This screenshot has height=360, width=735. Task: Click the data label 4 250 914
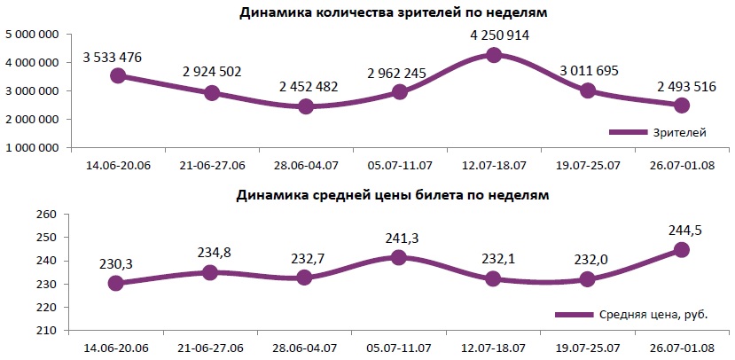[x=494, y=36]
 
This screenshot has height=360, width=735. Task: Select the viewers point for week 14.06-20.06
[x=117, y=75]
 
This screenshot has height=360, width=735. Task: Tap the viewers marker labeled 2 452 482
[x=306, y=106]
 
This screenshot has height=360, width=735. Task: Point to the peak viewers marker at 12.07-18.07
[x=494, y=55]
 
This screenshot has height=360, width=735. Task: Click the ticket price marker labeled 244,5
[x=682, y=249]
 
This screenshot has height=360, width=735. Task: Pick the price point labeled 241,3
[x=400, y=257]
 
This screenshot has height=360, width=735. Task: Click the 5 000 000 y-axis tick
[x=32, y=35]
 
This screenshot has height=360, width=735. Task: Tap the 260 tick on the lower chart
[x=45, y=215]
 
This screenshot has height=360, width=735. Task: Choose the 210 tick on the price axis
[x=45, y=330]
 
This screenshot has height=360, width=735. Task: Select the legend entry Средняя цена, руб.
[x=632, y=314]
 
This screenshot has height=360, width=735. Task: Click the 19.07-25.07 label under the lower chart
[x=588, y=348]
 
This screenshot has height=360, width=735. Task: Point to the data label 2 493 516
[x=682, y=86]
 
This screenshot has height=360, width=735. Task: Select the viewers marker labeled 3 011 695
[x=588, y=90]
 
